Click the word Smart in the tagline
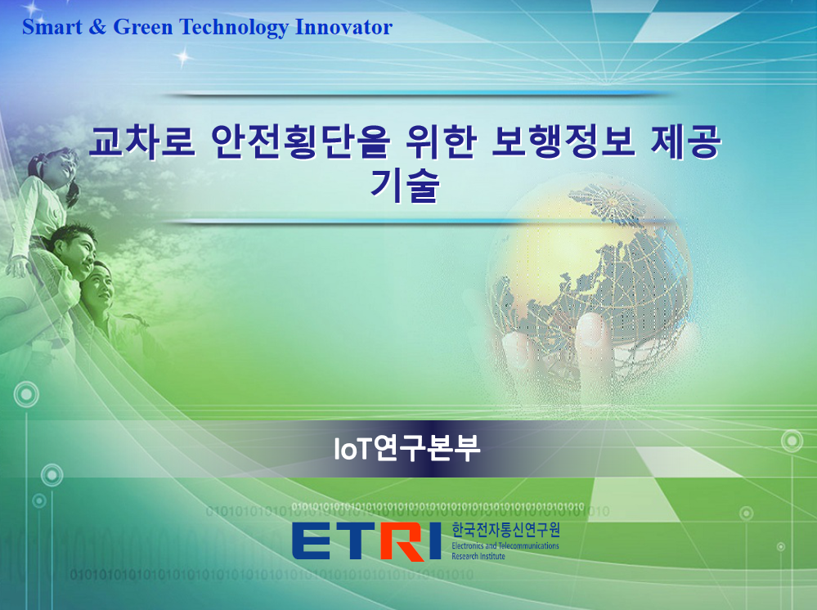point(52,27)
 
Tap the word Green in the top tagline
point(143,27)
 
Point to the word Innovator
point(343,27)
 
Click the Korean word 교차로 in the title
point(141,141)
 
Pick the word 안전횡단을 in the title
point(300,141)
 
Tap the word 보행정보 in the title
point(563,141)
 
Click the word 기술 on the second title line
point(405,185)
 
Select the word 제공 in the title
point(686,141)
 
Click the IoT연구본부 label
point(407,449)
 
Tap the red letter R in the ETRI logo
point(402,541)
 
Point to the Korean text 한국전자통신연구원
point(505,531)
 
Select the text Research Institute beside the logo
point(478,556)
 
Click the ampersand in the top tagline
point(97,27)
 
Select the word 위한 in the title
point(441,141)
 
